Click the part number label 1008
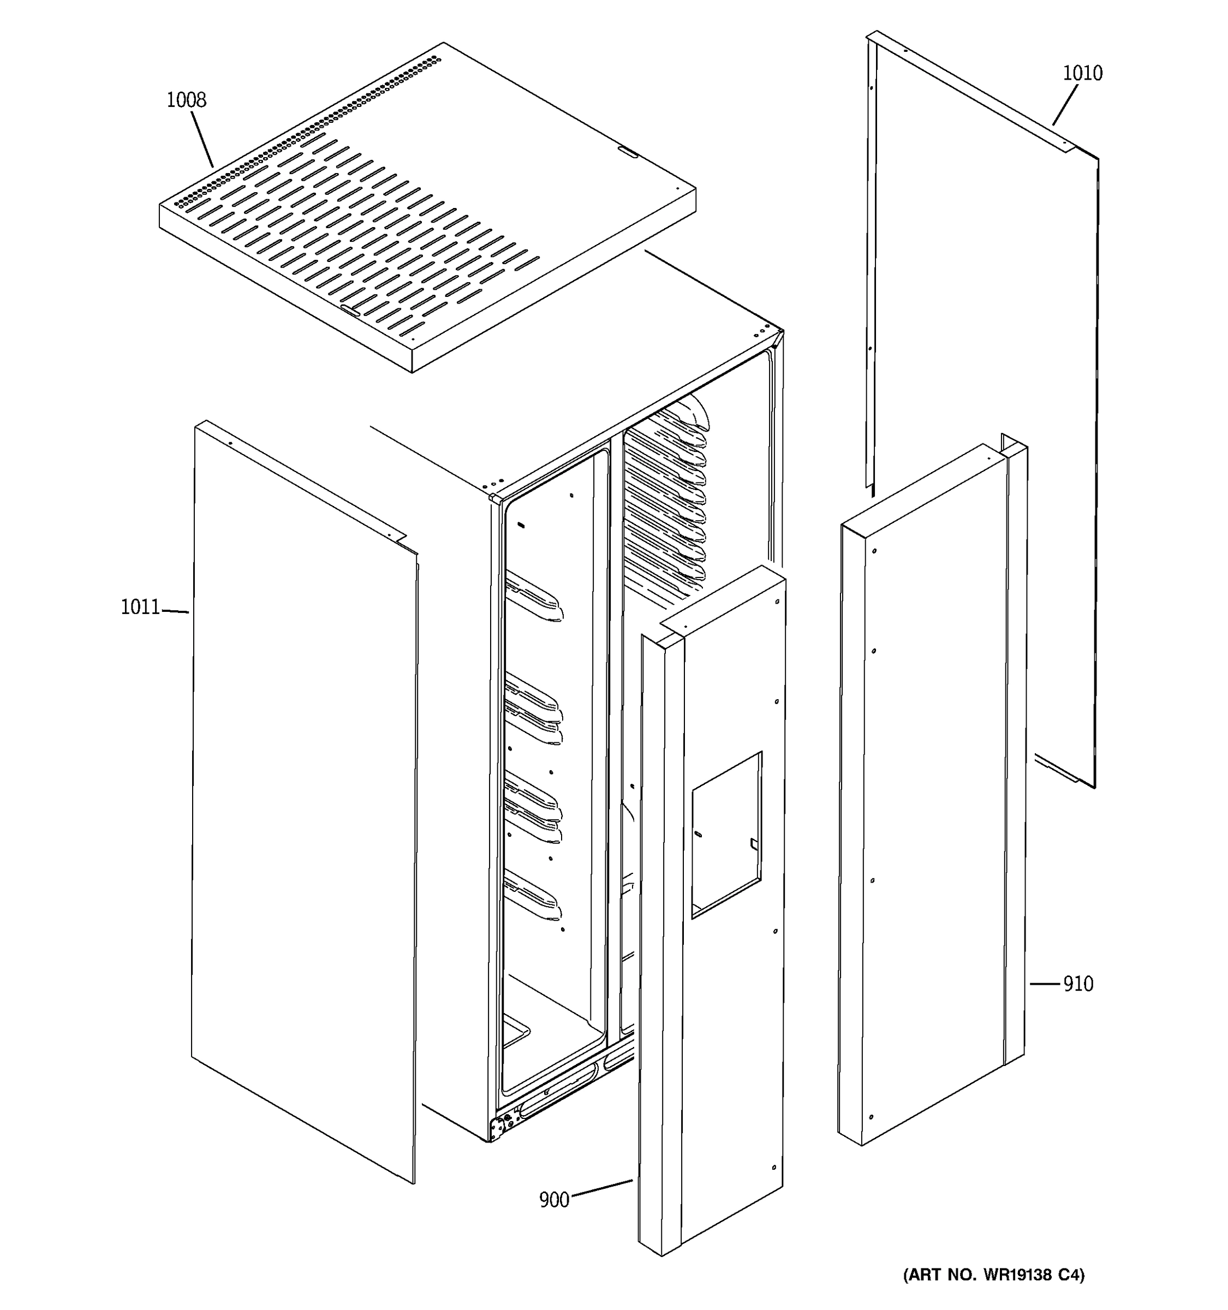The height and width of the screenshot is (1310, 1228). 186,100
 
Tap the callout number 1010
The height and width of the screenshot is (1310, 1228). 1082,73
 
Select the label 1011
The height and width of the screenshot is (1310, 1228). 140,607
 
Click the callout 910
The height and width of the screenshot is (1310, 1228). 1078,984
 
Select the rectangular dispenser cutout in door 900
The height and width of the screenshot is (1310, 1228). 726,834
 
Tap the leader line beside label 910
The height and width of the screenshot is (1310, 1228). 1044,983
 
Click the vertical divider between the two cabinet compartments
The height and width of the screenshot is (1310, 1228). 616,725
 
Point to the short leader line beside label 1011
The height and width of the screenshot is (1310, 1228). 175,611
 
